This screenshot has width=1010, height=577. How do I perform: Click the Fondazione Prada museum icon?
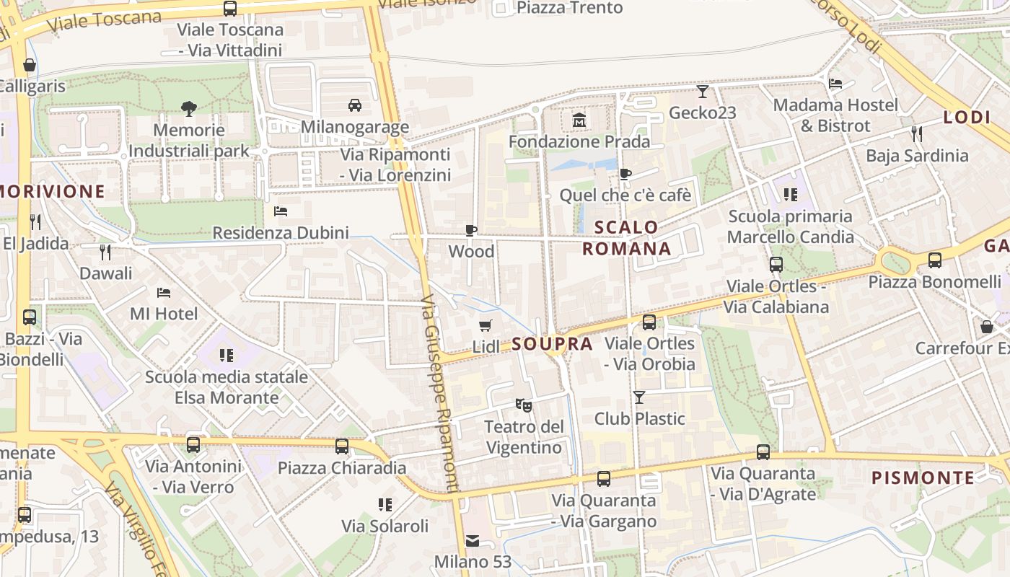(579, 120)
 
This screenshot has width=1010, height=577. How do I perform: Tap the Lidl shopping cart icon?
(486, 326)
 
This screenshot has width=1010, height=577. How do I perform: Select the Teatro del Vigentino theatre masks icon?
(524, 405)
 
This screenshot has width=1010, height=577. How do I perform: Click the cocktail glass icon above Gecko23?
(703, 92)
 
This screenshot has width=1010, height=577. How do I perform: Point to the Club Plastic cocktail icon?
(639, 397)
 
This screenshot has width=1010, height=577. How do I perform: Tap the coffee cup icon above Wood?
(471, 231)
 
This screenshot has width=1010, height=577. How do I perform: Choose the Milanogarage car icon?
(355, 105)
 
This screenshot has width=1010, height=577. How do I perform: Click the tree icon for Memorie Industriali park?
(189, 109)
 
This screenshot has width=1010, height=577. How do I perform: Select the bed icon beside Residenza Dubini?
(281, 211)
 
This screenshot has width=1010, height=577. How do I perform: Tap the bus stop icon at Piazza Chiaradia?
(342, 446)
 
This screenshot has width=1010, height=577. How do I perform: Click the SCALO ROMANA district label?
(626, 238)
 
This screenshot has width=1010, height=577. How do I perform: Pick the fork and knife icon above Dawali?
(105, 252)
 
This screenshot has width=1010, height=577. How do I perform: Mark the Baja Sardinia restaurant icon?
(917, 133)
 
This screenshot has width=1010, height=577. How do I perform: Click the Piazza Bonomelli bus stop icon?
(935, 260)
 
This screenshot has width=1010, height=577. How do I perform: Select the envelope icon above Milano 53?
(473, 540)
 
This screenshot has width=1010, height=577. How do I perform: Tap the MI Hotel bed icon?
(164, 293)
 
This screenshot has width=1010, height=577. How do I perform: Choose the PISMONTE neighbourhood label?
(923, 477)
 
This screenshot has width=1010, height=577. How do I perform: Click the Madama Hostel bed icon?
(835, 84)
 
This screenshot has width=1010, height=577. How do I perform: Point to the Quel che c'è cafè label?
(625, 195)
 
